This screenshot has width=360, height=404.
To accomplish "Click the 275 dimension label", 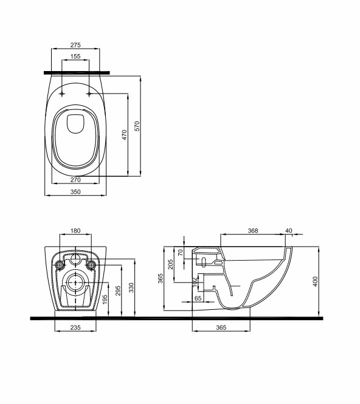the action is [x=75, y=45].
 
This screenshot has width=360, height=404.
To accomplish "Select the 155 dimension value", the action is [x=75, y=56].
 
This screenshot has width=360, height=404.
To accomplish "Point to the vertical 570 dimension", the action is [x=137, y=126].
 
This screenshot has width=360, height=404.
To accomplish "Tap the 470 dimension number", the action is [x=124, y=135].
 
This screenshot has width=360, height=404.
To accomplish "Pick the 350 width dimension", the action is [x=75, y=192].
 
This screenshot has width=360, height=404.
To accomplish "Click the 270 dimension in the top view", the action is [x=75, y=180].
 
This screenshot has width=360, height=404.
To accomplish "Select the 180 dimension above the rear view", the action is [x=75, y=231].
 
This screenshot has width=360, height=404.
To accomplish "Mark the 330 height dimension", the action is [x=131, y=288].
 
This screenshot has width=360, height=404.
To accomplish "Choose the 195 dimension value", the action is [x=105, y=300].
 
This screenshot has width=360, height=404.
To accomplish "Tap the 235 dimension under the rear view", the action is [x=75, y=327].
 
